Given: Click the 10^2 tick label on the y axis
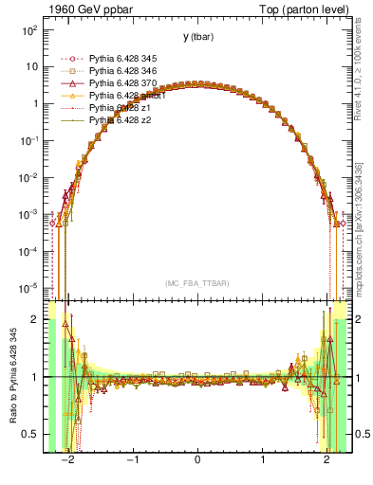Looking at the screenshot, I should tap(30, 30).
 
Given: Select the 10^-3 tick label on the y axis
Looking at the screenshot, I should tap(30, 214).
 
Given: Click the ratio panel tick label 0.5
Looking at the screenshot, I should tap(30, 434).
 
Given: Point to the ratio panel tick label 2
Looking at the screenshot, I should tap(35, 319).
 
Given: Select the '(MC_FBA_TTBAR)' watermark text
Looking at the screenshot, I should tap(196, 283).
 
